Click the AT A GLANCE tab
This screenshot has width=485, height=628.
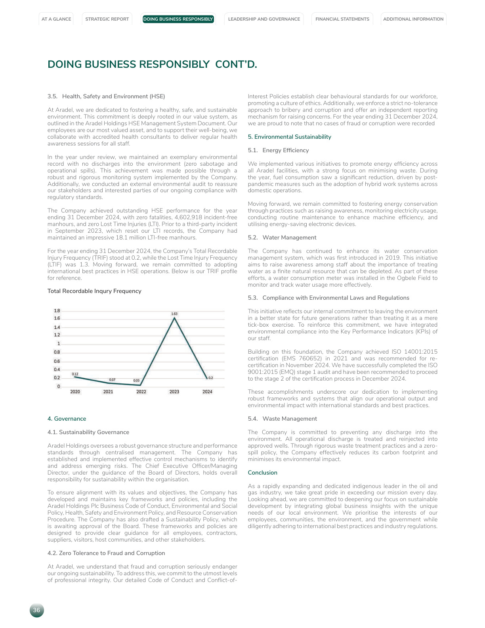click(56, 19)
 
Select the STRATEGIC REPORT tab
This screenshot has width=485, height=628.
click(107, 19)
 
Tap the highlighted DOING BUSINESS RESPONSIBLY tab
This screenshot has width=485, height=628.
click(178, 19)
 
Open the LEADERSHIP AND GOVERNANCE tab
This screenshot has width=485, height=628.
click(264, 19)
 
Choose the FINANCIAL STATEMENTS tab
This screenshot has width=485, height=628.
click(342, 19)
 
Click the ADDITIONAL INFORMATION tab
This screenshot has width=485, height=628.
click(413, 19)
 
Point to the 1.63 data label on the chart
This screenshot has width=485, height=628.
click(174, 314)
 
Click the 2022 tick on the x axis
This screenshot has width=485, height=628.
click(141, 392)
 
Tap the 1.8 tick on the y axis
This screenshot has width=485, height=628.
click(57, 311)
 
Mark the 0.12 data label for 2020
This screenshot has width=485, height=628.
click(75, 374)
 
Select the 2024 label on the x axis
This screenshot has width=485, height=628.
click(207, 392)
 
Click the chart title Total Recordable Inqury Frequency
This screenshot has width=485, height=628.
click(94, 291)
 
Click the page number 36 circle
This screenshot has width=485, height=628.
click(36, 610)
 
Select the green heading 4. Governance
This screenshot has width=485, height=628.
click(67, 419)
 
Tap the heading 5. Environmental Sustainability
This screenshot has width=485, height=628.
click(289, 137)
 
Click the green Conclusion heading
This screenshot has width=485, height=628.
click(262, 473)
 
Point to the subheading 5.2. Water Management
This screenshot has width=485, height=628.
click(282, 237)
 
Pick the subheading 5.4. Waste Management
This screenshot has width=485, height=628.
click(282, 419)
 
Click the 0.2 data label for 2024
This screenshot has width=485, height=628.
click(210, 378)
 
